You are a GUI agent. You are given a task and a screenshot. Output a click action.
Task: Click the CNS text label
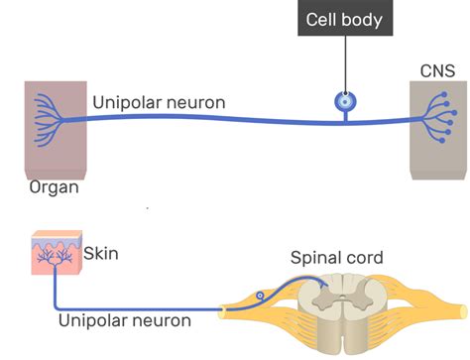[437, 71]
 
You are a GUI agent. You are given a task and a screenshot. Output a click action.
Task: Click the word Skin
[102, 254]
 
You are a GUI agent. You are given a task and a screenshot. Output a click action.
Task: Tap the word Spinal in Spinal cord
[314, 260]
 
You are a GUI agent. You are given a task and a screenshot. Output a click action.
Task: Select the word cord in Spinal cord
[363, 260]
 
